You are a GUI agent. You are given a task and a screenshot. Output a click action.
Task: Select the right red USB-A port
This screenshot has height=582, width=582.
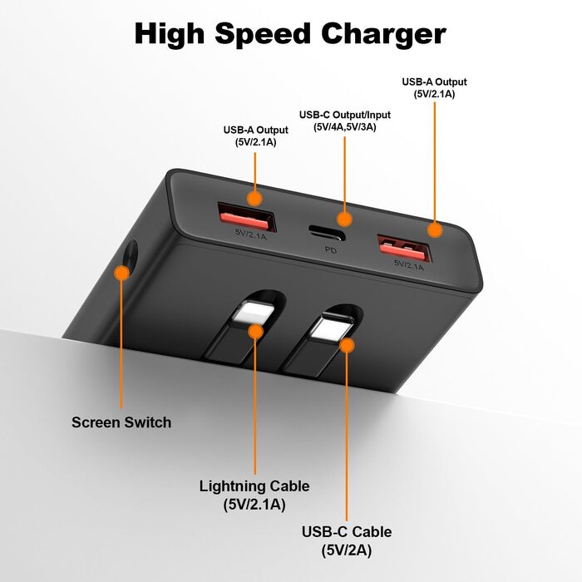pyautogui.click(x=402, y=246)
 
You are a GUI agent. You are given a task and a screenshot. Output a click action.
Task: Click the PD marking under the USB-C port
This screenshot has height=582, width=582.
pyautogui.click(x=331, y=249)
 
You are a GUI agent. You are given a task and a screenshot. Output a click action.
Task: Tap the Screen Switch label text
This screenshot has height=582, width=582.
pyautogui.click(x=121, y=422)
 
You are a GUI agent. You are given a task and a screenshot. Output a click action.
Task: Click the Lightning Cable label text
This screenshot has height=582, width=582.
pyautogui.click(x=254, y=486)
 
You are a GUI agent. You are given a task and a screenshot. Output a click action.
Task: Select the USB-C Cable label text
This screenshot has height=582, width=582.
pyautogui.click(x=348, y=532)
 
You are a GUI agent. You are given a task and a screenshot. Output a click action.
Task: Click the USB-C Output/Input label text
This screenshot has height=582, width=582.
pyautogui.click(x=344, y=115)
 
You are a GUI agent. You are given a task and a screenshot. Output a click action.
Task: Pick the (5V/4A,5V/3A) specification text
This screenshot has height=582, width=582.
pyautogui.click(x=344, y=128)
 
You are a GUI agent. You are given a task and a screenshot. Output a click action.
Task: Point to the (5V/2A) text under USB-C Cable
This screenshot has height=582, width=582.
pyautogui.click(x=348, y=550)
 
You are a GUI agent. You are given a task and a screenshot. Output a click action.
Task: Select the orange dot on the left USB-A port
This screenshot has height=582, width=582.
pyautogui.click(x=255, y=198)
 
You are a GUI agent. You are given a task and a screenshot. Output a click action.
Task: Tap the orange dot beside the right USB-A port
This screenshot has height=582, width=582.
pyautogui.click(x=434, y=229)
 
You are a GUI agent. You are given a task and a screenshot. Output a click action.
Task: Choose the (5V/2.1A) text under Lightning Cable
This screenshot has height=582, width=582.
pyautogui.click(x=254, y=504)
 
